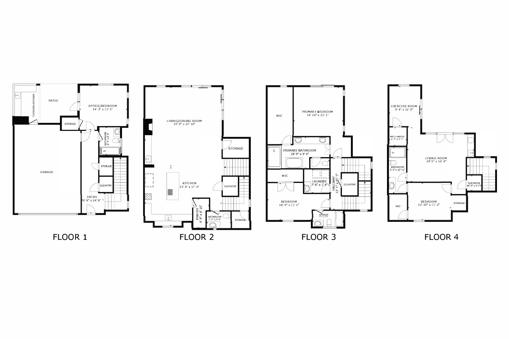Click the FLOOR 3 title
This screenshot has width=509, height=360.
[x=318, y=237]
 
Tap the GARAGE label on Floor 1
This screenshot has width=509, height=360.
[x=47, y=172]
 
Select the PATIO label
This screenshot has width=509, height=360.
[x=53, y=101]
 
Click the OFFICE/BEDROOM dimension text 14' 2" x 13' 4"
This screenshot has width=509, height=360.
[x=103, y=109]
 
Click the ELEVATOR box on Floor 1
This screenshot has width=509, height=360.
[x=106, y=185]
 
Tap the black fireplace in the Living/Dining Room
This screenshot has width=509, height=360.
[x=147, y=127]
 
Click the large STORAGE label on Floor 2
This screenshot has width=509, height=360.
[x=236, y=148]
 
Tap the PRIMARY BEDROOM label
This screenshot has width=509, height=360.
[x=317, y=112]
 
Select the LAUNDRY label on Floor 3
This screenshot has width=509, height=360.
[x=319, y=182]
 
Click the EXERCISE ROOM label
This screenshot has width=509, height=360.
[x=404, y=106]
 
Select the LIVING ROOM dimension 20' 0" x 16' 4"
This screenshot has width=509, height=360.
[x=436, y=161]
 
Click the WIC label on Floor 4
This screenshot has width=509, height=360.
[x=398, y=206]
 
